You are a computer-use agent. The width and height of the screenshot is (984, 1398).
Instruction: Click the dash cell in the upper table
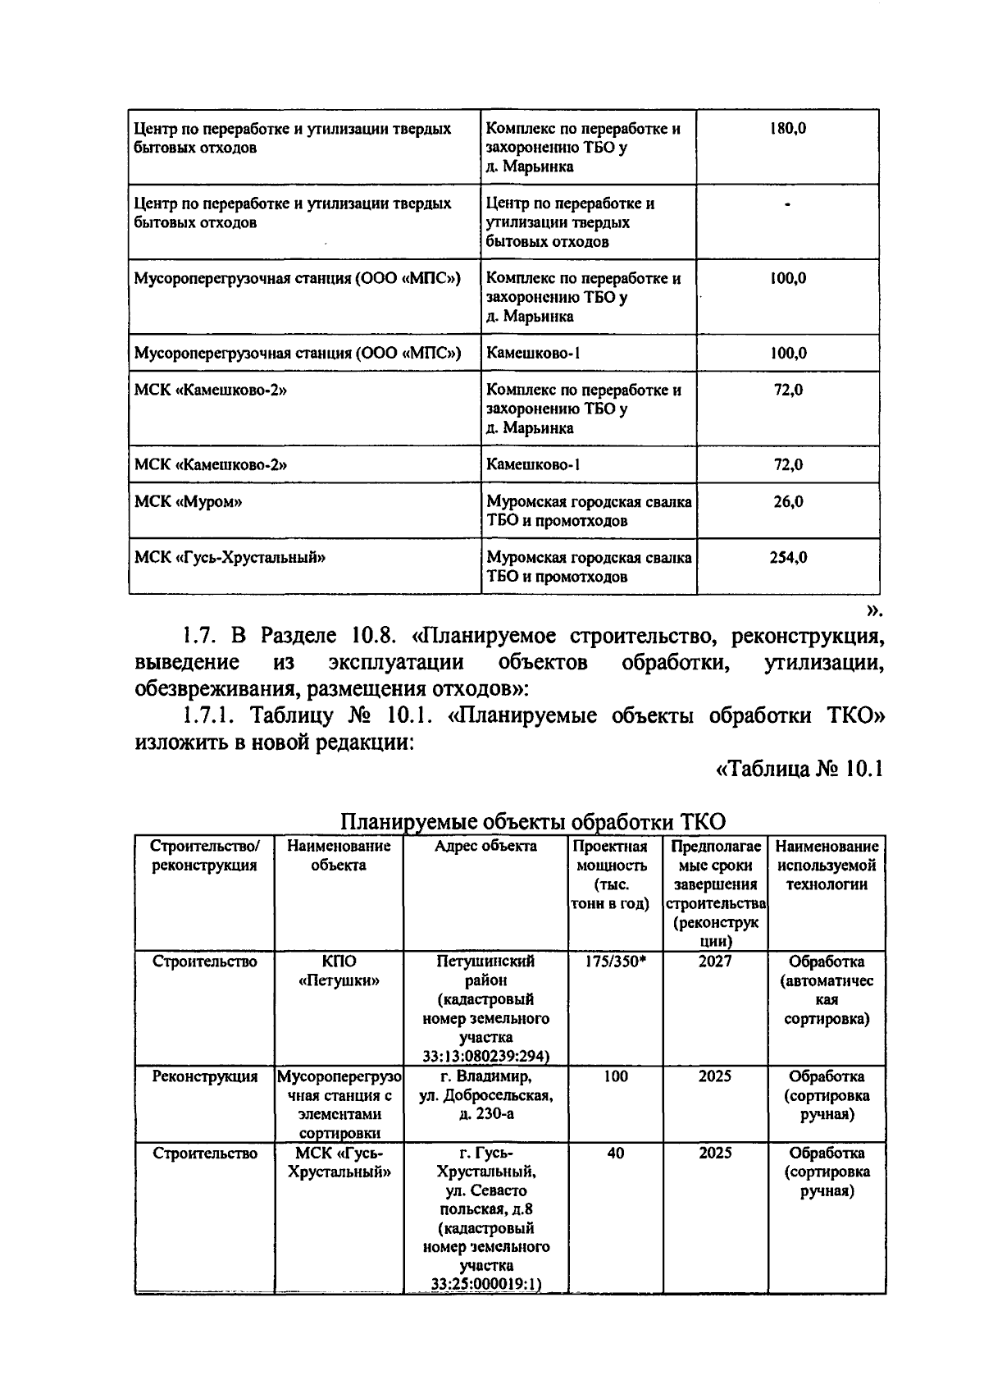pyautogui.click(x=787, y=205)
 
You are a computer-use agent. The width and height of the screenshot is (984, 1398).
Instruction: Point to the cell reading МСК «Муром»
pyautogui.click(x=188, y=501)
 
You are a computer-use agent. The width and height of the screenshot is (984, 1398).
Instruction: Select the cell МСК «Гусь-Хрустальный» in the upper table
pyautogui.click(x=230, y=557)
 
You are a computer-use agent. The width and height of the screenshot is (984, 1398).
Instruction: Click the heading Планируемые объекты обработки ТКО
pyautogui.click(x=533, y=821)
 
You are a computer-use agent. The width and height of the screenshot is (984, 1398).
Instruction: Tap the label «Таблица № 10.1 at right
pyautogui.click(x=799, y=770)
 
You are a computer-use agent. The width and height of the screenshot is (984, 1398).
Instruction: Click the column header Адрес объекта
pyautogui.click(x=485, y=846)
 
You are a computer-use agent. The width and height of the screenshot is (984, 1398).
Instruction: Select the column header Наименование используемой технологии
pyautogui.click(x=827, y=865)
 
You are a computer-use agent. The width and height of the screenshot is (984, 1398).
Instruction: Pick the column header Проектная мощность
pyautogui.click(x=610, y=856)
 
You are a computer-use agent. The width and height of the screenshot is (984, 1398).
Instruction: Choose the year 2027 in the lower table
pyautogui.click(x=714, y=962)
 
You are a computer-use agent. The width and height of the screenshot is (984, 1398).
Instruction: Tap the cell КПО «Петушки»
pyautogui.click(x=339, y=971)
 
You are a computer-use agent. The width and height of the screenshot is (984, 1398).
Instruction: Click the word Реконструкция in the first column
pyautogui.click(x=205, y=1076)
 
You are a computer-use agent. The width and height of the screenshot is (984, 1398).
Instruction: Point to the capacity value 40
pyautogui.click(x=615, y=1153)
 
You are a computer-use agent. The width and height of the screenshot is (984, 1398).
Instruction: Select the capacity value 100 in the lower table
pyautogui.click(x=615, y=1076)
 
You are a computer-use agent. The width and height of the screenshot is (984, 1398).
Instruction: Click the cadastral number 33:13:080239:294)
pyautogui.click(x=485, y=1056)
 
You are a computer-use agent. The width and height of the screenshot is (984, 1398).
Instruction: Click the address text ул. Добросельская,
pyautogui.click(x=485, y=1095)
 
